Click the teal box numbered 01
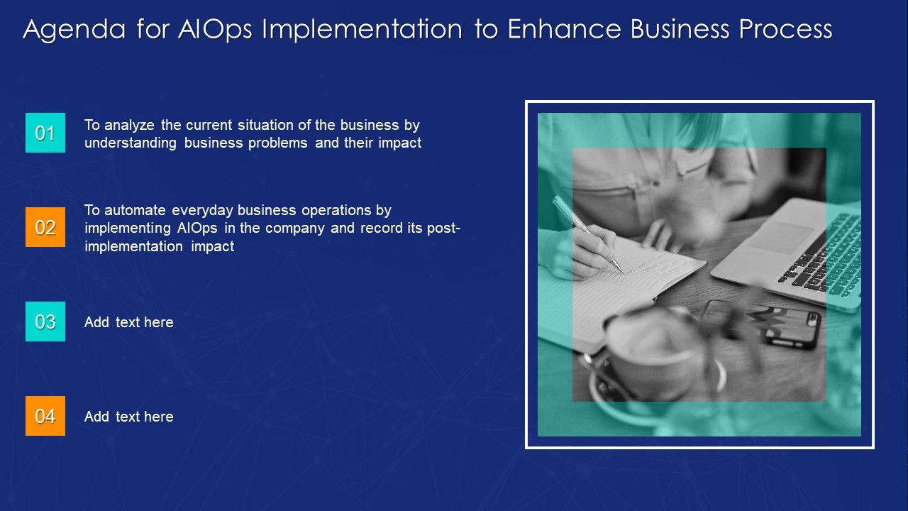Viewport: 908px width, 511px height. coord(45,133)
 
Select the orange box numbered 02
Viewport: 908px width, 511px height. coord(45,227)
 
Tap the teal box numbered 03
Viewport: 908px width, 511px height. coord(45,322)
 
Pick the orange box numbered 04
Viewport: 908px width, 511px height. coord(45,416)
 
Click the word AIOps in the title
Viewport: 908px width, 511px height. coord(215,30)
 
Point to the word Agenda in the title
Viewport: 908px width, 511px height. coord(74,30)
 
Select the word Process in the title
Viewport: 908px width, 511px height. coord(785,29)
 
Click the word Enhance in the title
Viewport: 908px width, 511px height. coord(564,29)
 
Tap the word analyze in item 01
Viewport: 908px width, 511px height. coord(129,126)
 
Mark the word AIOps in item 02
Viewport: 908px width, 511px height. coord(197,229)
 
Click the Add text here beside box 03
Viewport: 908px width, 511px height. coord(129,322)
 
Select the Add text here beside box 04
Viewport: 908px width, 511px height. coord(129,417)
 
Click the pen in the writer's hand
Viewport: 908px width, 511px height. coord(587,233)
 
